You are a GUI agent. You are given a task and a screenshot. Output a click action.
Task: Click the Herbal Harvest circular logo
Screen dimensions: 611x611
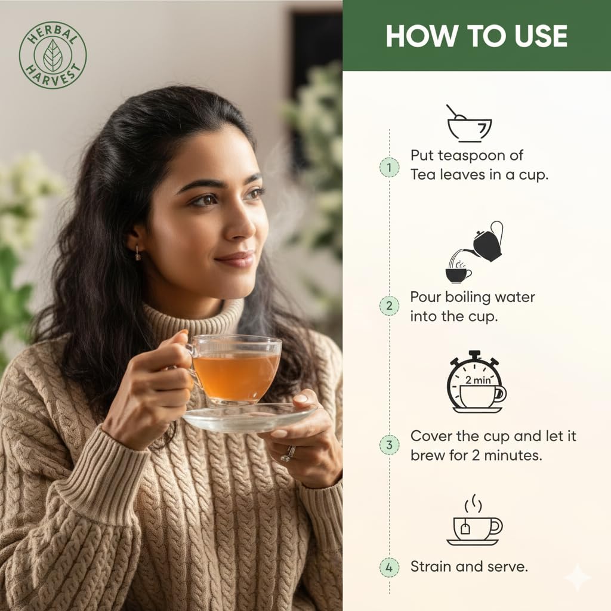pyautogui.click(x=53, y=55)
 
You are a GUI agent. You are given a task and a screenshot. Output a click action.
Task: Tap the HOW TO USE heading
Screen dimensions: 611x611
pyautogui.click(x=476, y=36)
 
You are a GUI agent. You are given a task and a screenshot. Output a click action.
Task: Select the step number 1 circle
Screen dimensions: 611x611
pyautogui.click(x=389, y=168)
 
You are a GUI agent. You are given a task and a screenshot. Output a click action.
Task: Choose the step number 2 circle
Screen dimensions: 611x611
pyautogui.click(x=389, y=307)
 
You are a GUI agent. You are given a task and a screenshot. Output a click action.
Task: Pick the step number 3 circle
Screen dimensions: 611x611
pyautogui.click(x=389, y=445)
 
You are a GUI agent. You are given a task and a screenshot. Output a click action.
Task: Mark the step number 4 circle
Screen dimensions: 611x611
pyautogui.click(x=389, y=566)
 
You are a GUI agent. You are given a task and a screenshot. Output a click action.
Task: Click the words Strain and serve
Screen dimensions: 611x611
pyautogui.click(x=469, y=566)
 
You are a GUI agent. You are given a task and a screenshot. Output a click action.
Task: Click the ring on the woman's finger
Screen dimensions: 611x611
pyautogui.click(x=289, y=453)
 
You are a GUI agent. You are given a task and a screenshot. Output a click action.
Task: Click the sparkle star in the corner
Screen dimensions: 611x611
pyautogui.click(x=577, y=578)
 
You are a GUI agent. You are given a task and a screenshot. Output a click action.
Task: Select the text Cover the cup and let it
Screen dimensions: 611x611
pyautogui.click(x=493, y=436)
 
